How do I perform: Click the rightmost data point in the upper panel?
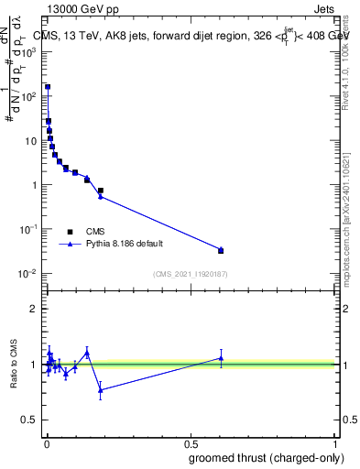click(221, 250)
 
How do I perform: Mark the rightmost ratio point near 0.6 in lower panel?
click(221, 358)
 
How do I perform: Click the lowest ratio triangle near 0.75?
click(101, 390)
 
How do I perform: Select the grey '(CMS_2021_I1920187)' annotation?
click(189, 274)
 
